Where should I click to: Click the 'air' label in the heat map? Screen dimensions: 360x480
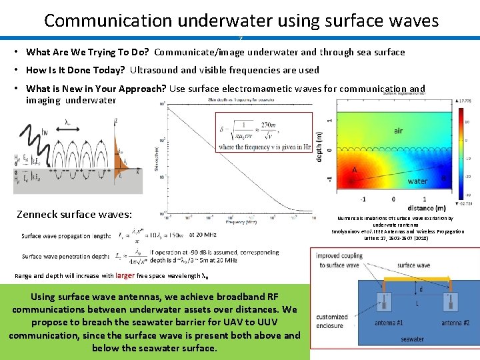coord(397,131)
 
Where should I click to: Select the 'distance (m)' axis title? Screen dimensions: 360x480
coord(421,208)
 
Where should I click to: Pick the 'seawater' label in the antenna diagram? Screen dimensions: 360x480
coord(412,339)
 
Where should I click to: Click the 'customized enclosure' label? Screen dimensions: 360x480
coord(331,321)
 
